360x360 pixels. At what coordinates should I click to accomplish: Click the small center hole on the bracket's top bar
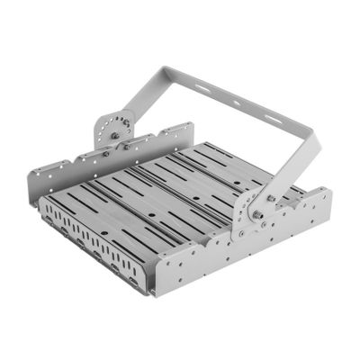pos(236,103)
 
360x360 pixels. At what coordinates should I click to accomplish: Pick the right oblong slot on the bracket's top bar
pos(270,116)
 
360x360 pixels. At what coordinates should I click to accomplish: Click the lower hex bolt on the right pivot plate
pos(256,215)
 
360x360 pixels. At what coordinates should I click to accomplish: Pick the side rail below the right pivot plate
pos(243,261)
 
